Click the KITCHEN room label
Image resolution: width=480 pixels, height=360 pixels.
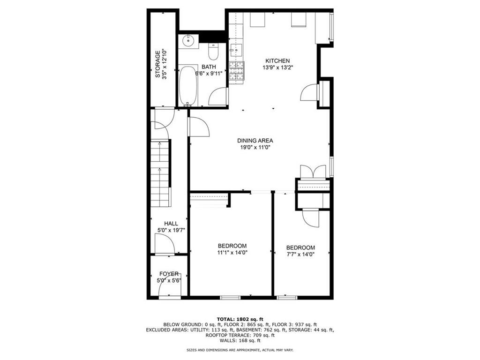click(277, 61)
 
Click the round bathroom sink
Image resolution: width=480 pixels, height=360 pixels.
click(188, 41)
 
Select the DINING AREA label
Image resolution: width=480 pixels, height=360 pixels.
click(255, 140)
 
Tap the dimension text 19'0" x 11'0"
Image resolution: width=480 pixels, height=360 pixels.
click(255, 147)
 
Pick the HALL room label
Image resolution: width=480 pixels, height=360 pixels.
click(171, 224)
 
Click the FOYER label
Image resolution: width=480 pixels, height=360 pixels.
click(169, 274)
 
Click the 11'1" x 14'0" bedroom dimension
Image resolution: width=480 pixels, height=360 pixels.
click(232, 253)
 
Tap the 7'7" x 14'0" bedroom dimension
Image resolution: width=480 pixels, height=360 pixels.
click(300, 255)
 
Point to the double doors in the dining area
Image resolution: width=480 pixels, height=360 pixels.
click(312, 172)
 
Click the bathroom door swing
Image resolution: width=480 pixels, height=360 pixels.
click(218, 97)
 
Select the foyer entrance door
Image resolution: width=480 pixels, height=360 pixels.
click(169, 291)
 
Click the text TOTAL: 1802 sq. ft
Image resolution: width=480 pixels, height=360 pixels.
click(240, 318)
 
